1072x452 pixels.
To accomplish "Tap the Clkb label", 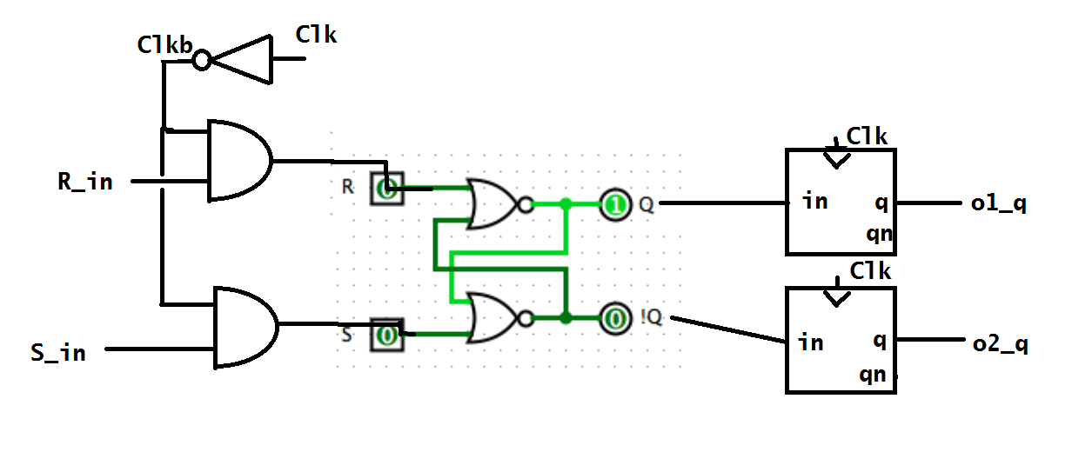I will pyautogui.click(x=164, y=45).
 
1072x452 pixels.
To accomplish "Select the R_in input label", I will pyautogui.click(x=84, y=183).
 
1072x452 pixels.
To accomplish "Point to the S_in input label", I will pyautogui.click(x=58, y=353).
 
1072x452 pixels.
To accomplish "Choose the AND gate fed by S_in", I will pyautogui.click(x=245, y=327).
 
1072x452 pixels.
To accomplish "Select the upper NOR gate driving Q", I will pyautogui.click(x=492, y=205).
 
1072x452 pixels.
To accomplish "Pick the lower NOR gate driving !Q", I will pyautogui.click(x=492, y=318).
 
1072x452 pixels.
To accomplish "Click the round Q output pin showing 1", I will pyautogui.click(x=615, y=205).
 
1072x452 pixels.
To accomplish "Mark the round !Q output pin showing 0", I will pyautogui.click(x=615, y=318).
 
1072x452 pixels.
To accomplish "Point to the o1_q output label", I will pyautogui.click(x=998, y=204).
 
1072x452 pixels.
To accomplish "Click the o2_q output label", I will pyautogui.click(x=1000, y=344).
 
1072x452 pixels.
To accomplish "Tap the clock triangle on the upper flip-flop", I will pyautogui.click(x=837, y=159).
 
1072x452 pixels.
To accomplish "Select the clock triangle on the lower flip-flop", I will pyautogui.click(x=837, y=297).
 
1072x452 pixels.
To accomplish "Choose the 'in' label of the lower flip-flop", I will pyautogui.click(x=810, y=342).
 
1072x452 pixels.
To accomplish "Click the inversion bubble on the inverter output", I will pyautogui.click(x=202, y=60).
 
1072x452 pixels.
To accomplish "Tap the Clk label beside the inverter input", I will pyautogui.click(x=316, y=35).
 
